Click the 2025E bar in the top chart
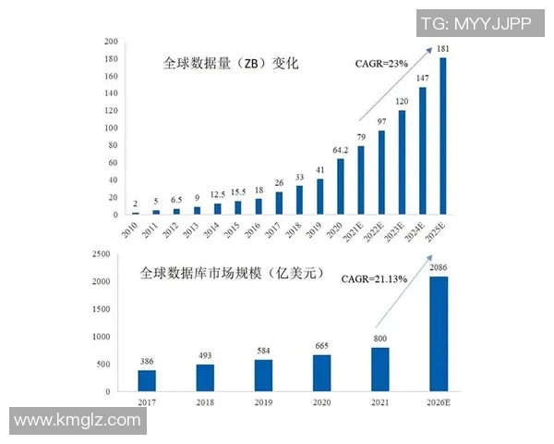coord(443,136)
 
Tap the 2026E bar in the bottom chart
coord(440,334)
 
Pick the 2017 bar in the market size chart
coord(147,380)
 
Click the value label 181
coord(443,49)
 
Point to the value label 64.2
coord(340,150)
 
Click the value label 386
coord(146,361)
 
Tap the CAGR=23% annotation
coord(381,64)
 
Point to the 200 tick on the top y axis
coord(111,42)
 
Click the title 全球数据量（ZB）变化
coord(232,65)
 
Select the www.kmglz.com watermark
coord(78,421)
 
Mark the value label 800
coord(380,339)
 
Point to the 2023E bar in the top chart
coord(402,163)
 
